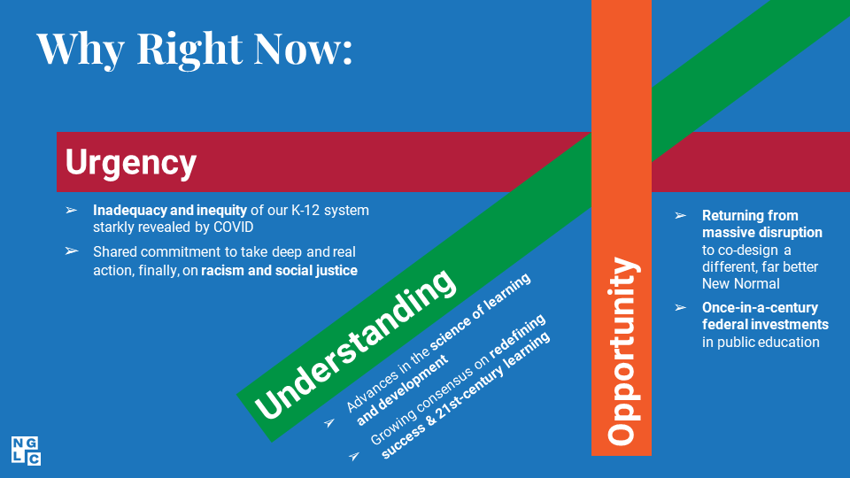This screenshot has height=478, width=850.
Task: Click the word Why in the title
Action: pyautogui.click(x=81, y=50)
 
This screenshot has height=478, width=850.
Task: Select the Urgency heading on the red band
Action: pyautogui.click(x=131, y=163)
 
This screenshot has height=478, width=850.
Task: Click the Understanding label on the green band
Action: pyautogui.click(x=354, y=344)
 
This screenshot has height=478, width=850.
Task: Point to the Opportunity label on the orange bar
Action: pyautogui.click(x=622, y=351)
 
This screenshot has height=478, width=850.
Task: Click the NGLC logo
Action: pyautogui.click(x=26, y=451)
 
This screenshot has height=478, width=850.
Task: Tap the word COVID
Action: pyautogui.click(x=233, y=227)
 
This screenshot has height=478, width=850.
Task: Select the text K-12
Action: pyautogui.click(x=305, y=211)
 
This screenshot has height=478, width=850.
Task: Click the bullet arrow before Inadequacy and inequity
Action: pyautogui.click(x=72, y=210)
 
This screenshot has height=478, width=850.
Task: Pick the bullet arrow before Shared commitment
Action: pyautogui.click(x=72, y=251)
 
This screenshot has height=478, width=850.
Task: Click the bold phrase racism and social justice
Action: pyautogui.click(x=279, y=271)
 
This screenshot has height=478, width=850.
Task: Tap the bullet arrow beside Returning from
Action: pyautogui.click(x=681, y=216)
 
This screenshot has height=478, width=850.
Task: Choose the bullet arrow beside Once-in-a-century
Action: pyautogui.click(x=681, y=308)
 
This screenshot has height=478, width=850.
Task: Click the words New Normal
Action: pyautogui.click(x=740, y=283)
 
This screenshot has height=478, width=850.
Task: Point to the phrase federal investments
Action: pyautogui.click(x=765, y=325)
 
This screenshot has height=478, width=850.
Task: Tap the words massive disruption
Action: pyautogui.click(x=762, y=233)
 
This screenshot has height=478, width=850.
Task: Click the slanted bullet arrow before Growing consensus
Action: pyautogui.click(x=354, y=456)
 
